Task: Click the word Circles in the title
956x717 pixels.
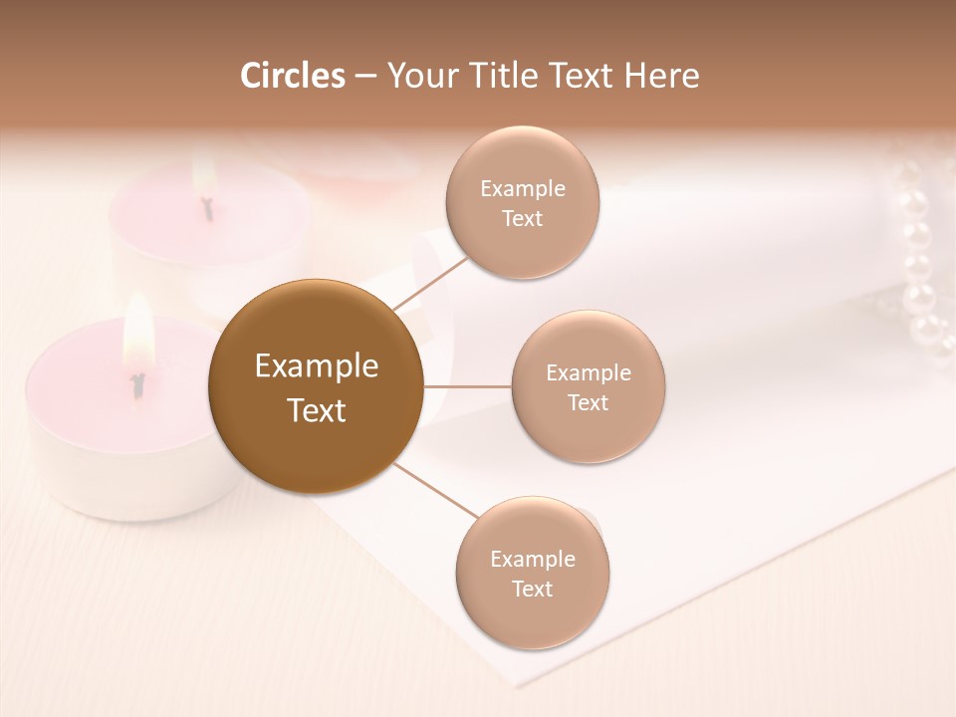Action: pyautogui.click(x=293, y=76)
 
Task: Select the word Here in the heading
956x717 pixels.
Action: pyautogui.click(x=661, y=76)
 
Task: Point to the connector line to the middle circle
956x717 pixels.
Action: pyautogui.click(x=468, y=386)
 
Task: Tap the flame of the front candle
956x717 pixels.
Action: pyautogui.click(x=137, y=334)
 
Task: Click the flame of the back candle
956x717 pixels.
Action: pyautogui.click(x=204, y=176)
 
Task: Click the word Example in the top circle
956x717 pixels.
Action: pyautogui.click(x=522, y=188)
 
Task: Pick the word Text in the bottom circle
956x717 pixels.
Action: pyautogui.click(x=532, y=589)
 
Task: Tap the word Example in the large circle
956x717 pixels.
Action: pyautogui.click(x=317, y=366)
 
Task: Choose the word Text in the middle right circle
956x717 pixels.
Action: pyautogui.click(x=588, y=402)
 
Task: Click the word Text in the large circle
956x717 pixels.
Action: pyautogui.click(x=317, y=410)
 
